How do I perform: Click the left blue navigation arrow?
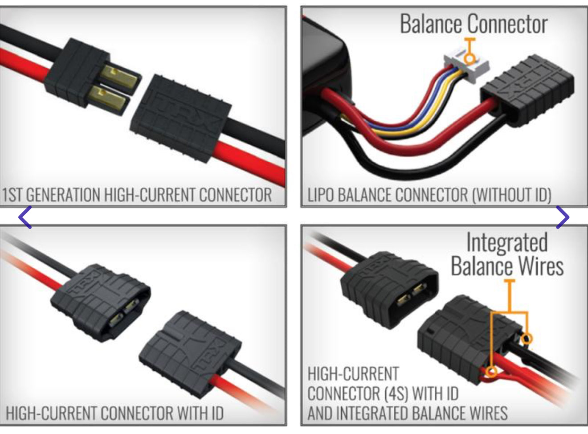[x=25, y=217]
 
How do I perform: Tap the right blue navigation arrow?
[x=563, y=217]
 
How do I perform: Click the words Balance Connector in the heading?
[x=474, y=24]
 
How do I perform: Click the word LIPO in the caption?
[x=320, y=195]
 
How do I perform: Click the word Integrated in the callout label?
[x=507, y=243]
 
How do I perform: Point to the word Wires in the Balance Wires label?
[x=540, y=266]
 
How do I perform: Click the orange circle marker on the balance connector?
[x=469, y=58]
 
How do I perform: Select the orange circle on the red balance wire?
[x=491, y=371]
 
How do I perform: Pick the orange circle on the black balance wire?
[x=527, y=339]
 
